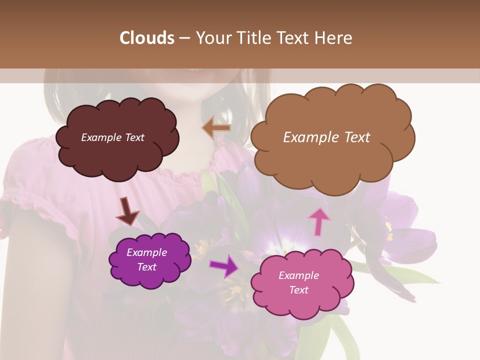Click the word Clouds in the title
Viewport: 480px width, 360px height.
click(x=147, y=38)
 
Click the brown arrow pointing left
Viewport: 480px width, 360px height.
click(x=216, y=128)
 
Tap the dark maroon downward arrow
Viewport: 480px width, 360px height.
click(x=127, y=211)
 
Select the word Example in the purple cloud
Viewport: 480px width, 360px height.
click(x=146, y=253)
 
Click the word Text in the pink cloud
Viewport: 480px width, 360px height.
click(x=298, y=290)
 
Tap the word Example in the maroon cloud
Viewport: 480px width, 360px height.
click(x=101, y=137)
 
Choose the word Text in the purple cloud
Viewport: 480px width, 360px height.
click(x=146, y=267)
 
